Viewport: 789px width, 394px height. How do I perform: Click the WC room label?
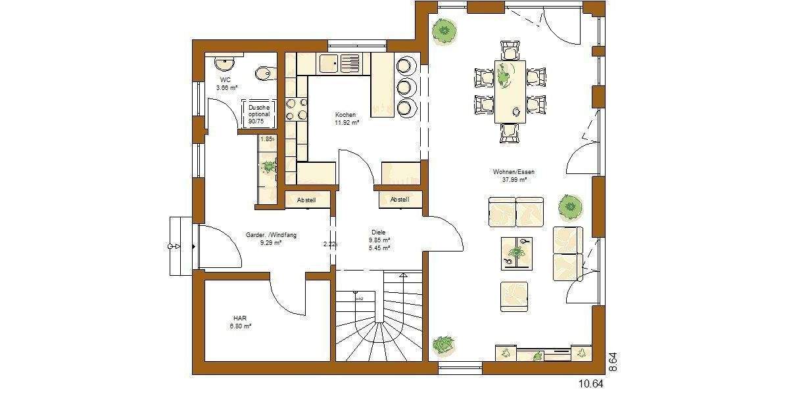225,79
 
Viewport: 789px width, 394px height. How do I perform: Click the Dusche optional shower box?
259,114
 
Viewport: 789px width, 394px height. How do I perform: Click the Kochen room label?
345,114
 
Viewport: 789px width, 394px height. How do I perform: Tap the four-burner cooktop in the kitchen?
297,109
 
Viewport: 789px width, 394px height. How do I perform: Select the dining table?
510,91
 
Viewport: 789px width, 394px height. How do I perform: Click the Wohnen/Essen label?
514,172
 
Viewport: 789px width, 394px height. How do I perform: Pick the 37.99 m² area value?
514,179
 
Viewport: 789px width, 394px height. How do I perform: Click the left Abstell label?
306,200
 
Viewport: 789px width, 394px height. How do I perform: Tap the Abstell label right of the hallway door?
399,200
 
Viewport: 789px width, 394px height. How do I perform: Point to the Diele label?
378,232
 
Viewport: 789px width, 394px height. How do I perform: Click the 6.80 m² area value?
241,326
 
